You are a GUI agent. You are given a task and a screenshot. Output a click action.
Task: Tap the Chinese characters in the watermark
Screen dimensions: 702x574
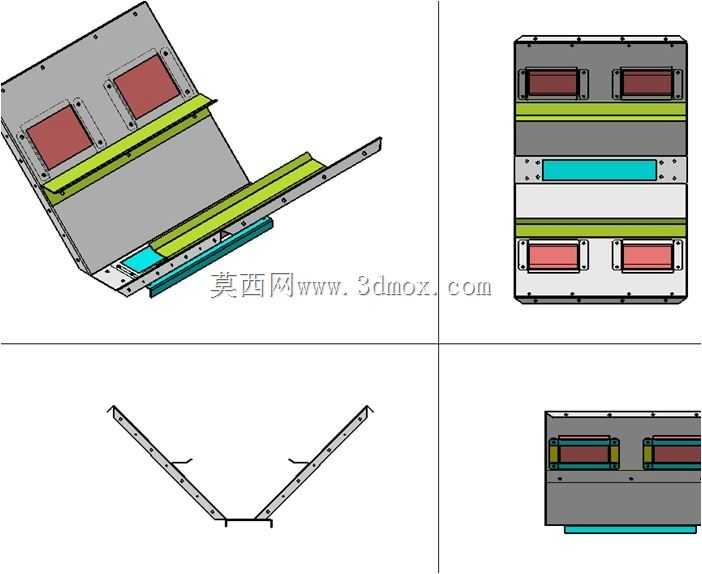point(253,285)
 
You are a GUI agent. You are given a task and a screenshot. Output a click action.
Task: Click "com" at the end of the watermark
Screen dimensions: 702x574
point(469,287)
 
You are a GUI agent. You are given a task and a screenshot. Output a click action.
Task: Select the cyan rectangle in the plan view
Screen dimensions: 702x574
point(599,170)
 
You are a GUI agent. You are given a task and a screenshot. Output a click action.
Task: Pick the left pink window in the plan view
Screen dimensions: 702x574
point(553,257)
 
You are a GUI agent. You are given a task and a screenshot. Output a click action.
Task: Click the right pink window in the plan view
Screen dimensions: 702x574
point(647,257)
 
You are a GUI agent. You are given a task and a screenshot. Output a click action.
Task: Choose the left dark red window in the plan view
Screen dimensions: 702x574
point(552,83)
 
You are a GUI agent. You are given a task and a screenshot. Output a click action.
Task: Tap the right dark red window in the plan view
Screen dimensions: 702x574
point(646,83)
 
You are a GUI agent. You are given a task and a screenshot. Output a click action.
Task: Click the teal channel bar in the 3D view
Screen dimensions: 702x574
point(210,257)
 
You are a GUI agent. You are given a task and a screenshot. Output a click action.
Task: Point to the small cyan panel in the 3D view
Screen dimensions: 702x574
point(141,261)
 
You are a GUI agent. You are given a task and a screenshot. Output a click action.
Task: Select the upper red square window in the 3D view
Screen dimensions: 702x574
point(147,87)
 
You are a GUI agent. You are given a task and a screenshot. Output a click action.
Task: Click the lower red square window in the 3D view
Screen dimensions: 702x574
point(60,137)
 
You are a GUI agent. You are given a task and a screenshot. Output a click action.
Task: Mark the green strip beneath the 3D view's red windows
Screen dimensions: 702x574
point(130,146)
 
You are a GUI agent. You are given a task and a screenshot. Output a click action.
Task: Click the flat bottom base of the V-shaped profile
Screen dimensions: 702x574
point(248,522)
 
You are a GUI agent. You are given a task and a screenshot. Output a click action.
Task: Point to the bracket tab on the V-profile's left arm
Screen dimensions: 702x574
point(182,461)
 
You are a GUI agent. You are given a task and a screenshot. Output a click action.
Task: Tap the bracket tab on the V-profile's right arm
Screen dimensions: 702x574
point(299,461)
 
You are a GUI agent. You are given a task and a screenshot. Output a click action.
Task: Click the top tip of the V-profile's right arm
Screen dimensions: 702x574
point(368,406)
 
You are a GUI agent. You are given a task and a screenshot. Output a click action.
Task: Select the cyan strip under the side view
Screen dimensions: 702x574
point(630,530)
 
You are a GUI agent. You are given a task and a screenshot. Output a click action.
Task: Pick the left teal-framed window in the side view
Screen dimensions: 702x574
point(585,453)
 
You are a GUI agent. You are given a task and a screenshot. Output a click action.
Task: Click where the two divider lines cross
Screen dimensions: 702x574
point(438,344)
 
